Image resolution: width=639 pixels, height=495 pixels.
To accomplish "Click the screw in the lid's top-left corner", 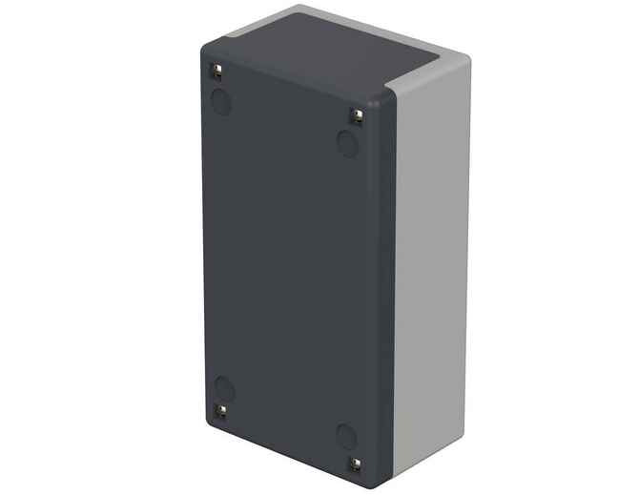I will (x=216, y=72).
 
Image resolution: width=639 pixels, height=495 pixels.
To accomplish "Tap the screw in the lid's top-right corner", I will (x=357, y=115).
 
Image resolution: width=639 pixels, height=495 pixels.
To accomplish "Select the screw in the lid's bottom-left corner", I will (x=219, y=411).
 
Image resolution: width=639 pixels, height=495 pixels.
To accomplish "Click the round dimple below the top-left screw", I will (x=222, y=101).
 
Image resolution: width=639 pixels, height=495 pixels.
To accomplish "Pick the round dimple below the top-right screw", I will (x=348, y=144).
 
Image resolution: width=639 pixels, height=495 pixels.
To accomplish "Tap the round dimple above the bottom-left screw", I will (x=225, y=387).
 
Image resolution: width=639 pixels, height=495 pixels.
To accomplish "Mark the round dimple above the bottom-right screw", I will (x=346, y=437).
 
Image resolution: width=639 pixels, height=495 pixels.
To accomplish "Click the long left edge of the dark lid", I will (x=203, y=238).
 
